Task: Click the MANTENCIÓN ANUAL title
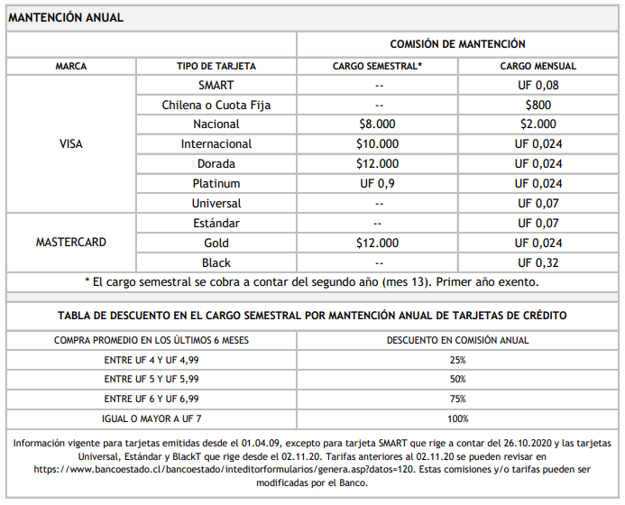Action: pos(66,17)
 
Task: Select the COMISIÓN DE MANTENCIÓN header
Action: pos(457,44)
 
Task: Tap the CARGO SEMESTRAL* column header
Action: pos(377,66)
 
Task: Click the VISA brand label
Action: pos(71,144)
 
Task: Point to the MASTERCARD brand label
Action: pos(71,243)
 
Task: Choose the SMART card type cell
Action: pos(216,85)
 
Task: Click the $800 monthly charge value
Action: pos(538,105)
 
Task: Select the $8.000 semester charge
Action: pos(377,124)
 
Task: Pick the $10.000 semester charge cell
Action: pos(377,144)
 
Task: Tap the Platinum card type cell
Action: pos(216,184)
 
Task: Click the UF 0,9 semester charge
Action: pos(377,184)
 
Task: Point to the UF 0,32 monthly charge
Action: pos(538,262)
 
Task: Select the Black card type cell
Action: pos(216,262)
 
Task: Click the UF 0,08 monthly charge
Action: pos(538,85)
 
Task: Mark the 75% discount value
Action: pos(457,399)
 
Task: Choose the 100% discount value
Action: pos(457,418)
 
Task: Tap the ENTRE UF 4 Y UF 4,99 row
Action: pos(152,360)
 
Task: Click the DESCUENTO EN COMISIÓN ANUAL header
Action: pos(457,340)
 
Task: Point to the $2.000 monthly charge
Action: pos(538,124)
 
